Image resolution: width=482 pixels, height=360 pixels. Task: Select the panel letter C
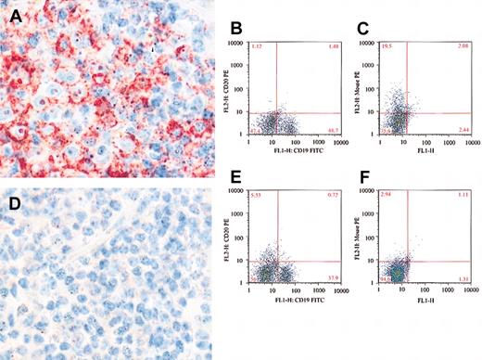click(x=368, y=14)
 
